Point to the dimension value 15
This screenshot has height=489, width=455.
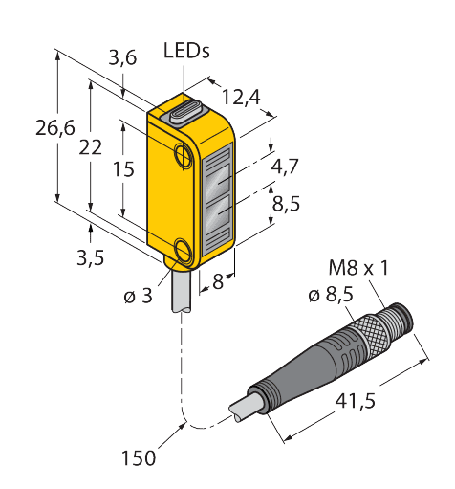coord(121,169)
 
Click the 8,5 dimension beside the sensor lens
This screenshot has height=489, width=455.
coord(285,204)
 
